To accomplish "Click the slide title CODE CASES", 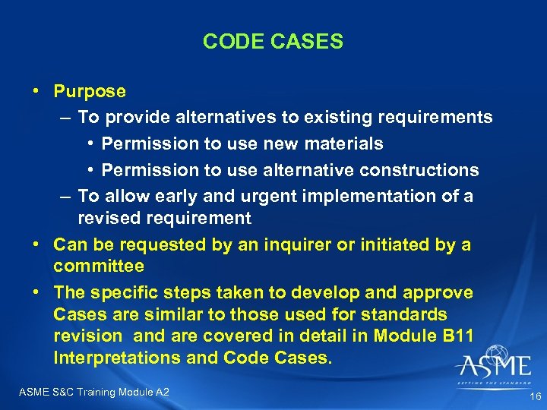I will [273, 42].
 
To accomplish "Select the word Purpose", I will [90, 92].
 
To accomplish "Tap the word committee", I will [99, 266].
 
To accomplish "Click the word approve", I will [441, 292].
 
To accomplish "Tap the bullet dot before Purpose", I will [36, 92].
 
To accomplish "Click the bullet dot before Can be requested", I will [36, 245].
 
